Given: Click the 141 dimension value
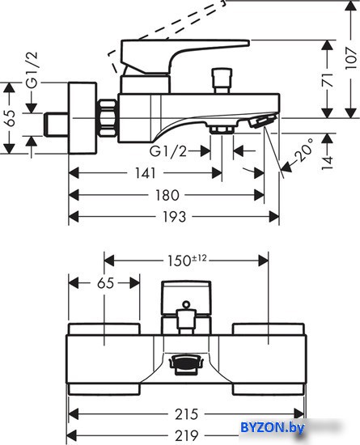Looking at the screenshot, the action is click(146, 173).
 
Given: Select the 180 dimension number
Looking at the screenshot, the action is click(167, 195).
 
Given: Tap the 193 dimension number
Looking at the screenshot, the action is click(174, 217).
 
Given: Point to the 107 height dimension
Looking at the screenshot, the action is click(351, 58).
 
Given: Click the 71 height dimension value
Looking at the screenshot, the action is click(328, 80).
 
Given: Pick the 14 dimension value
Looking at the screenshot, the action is click(328, 163).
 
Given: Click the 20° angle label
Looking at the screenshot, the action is click(303, 150).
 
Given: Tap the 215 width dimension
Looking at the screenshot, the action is click(186, 414).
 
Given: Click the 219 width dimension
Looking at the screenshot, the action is click(186, 435).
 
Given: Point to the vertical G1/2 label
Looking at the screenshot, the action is click(32, 70).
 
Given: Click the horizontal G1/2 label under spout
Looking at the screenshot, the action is click(168, 151).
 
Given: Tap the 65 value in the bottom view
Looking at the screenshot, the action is click(105, 283).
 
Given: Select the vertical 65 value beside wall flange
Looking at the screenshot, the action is click(11, 118).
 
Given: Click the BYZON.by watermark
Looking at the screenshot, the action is click(273, 427).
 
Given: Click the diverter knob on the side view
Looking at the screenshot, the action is click(222, 80).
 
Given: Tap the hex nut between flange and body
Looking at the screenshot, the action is click(108, 117).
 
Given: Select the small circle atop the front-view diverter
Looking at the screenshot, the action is click(186, 304).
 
